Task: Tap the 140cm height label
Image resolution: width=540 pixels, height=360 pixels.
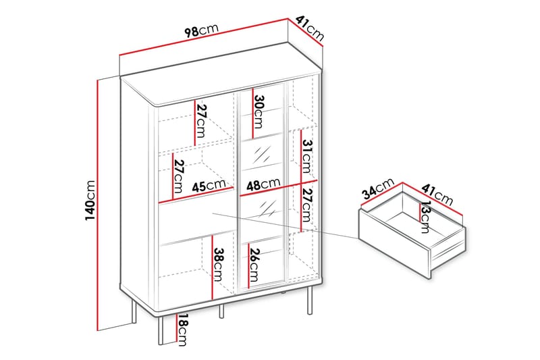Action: (90, 201)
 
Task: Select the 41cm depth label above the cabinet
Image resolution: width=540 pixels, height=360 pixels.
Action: (310, 28)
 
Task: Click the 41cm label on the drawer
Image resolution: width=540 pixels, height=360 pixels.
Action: (437, 195)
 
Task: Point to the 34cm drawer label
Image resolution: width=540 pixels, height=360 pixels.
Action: (378, 189)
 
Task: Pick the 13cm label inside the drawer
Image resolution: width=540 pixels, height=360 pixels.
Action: (425, 217)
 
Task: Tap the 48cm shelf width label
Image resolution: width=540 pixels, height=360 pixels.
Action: (263, 184)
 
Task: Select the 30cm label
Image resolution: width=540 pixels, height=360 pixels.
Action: (259, 111)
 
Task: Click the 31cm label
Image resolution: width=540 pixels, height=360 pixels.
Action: (306, 156)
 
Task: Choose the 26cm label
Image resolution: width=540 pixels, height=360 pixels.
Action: (254, 265)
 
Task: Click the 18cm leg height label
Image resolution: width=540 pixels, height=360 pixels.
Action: (182, 330)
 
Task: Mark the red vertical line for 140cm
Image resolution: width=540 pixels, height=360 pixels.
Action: (98, 205)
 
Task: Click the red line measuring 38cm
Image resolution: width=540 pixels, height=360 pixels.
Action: (212, 267)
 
